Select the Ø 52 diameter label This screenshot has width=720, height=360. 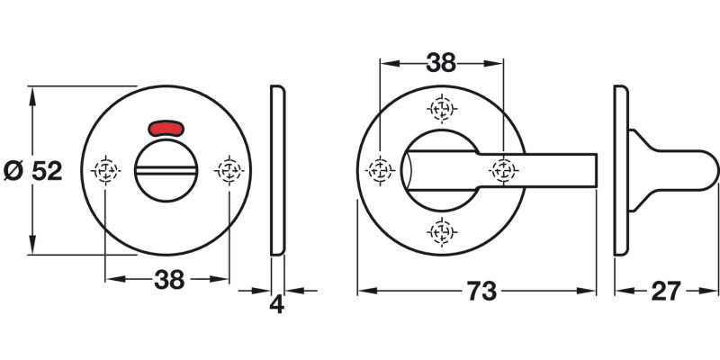point(33,171)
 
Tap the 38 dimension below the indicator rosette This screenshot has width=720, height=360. point(168,280)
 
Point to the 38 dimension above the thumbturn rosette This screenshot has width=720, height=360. point(441,63)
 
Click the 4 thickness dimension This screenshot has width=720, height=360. point(277,304)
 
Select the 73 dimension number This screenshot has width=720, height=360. point(481,292)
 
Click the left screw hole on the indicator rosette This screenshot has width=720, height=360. point(107,168)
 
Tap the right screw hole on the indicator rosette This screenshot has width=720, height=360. point(229,168)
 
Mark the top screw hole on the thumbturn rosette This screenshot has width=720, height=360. point(441,110)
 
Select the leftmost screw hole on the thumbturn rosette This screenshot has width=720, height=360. point(381,169)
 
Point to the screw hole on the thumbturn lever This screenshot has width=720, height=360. point(502,169)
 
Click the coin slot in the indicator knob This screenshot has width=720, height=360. point(168,169)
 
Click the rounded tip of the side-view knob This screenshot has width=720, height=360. point(714,170)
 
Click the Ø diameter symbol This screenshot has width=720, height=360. point(13,171)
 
